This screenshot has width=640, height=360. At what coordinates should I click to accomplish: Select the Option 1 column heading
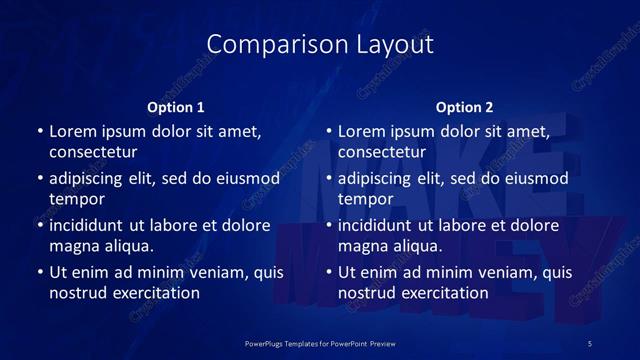click(176, 107)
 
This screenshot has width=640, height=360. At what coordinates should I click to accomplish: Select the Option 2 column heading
click(465, 107)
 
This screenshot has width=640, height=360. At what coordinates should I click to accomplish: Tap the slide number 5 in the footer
click(590, 342)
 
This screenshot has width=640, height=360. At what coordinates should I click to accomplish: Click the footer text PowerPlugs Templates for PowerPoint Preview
click(320, 342)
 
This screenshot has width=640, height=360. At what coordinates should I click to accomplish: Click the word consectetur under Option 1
click(93, 152)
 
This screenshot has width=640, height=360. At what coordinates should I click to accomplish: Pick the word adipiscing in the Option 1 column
click(91, 179)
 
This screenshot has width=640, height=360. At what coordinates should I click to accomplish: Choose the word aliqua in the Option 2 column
click(417, 245)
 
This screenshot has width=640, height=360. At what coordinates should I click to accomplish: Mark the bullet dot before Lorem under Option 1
click(39, 132)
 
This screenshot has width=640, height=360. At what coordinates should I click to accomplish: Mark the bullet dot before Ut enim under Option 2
click(328, 272)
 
